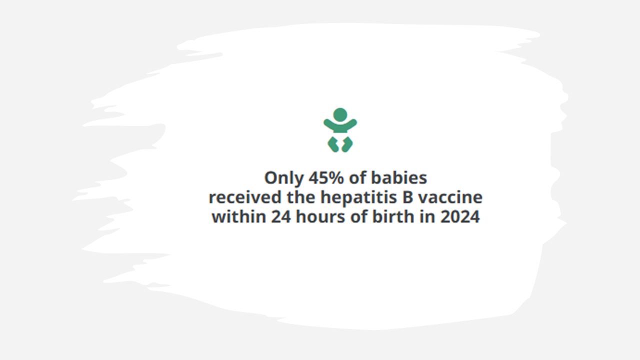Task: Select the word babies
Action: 399,177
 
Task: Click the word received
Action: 245,197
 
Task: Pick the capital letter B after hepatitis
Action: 407,197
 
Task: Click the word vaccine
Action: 450,197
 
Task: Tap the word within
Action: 238,216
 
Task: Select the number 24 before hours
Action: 281,217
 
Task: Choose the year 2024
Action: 460,217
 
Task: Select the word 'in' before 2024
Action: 427,216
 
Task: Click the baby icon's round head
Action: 340,114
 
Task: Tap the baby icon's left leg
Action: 333,144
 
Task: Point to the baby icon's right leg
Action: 347,144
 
